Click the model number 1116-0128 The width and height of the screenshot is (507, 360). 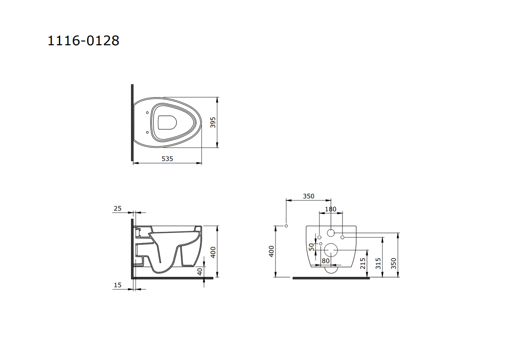click(x=83, y=41)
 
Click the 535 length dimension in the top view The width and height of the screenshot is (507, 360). click(x=167, y=159)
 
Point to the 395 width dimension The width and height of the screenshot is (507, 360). click(x=213, y=122)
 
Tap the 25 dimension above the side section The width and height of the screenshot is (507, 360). click(x=118, y=208)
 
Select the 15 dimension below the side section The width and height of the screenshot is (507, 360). click(x=118, y=285)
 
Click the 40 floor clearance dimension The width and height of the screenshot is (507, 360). click(x=200, y=272)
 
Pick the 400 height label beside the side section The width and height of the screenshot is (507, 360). click(x=213, y=252)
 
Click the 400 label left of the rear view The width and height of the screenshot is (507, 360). click(x=271, y=251)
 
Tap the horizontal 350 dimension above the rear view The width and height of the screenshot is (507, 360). click(x=308, y=196)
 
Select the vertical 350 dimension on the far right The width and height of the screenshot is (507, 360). click(x=394, y=263)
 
